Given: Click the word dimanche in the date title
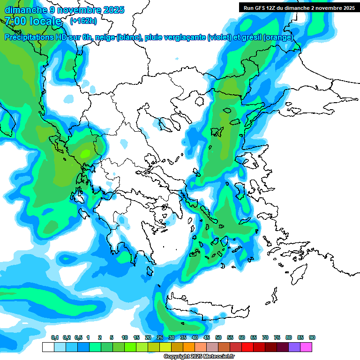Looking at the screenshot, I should point(22,9).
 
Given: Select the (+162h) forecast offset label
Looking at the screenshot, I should point(83,21).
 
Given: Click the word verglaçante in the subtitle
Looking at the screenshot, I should point(183,37).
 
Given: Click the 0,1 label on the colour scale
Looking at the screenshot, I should point(54,337).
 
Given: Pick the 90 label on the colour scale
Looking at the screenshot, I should point(312,337).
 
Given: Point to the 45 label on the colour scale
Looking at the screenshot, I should point(207,337).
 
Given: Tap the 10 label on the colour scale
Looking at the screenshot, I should point(125,337).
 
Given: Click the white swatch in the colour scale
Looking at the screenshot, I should point(48,347).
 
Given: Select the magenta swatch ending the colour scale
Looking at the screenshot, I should point(306,347).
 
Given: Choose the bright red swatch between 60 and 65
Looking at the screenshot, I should point(247,347).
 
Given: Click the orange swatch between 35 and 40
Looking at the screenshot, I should point(189,347).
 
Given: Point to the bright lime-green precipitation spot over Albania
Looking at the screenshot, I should point(86,153).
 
